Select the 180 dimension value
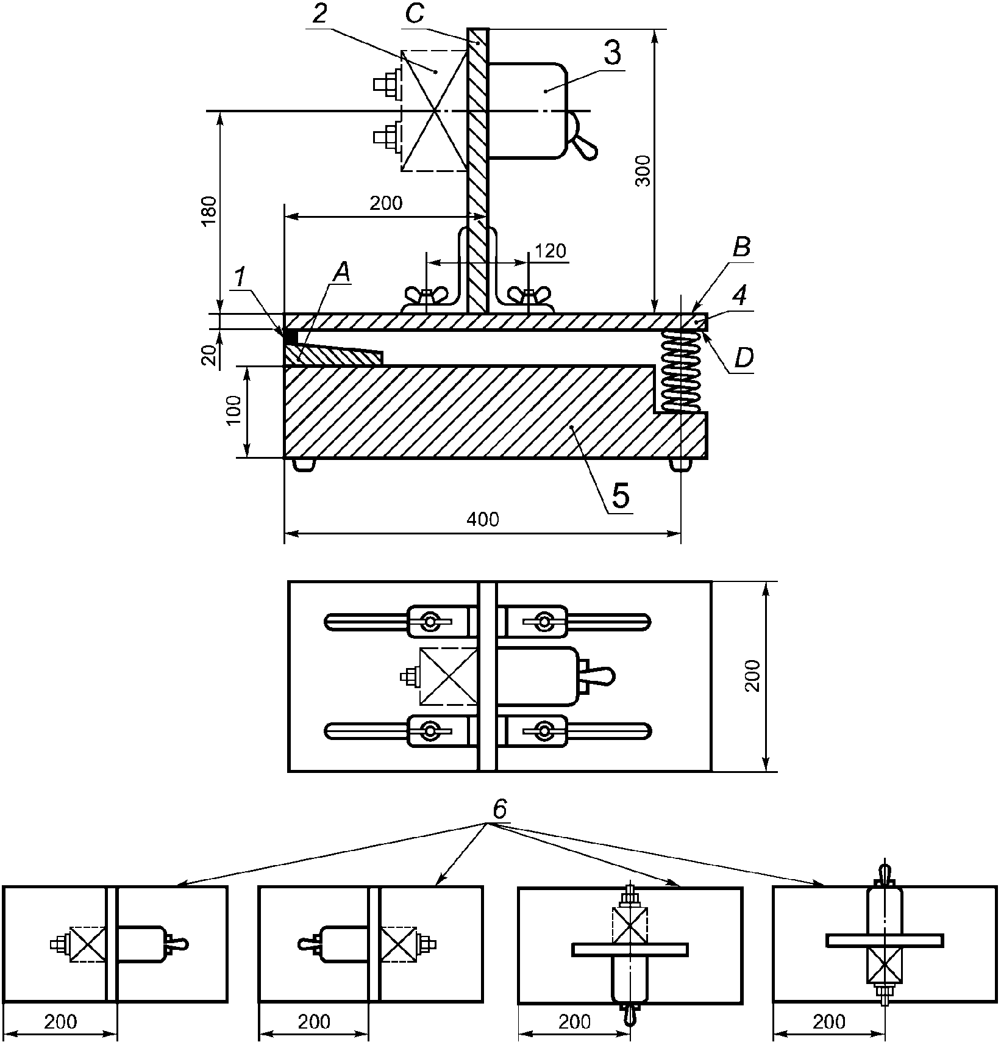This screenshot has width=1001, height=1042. tap(208, 211)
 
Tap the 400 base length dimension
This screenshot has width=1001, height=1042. tap(483, 519)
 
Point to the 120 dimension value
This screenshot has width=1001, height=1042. tap(550, 251)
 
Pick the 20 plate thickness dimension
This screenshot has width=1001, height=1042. tap(208, 355)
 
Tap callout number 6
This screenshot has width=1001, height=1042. tap(499, 810)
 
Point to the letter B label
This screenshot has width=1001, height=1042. tap(741, 248)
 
